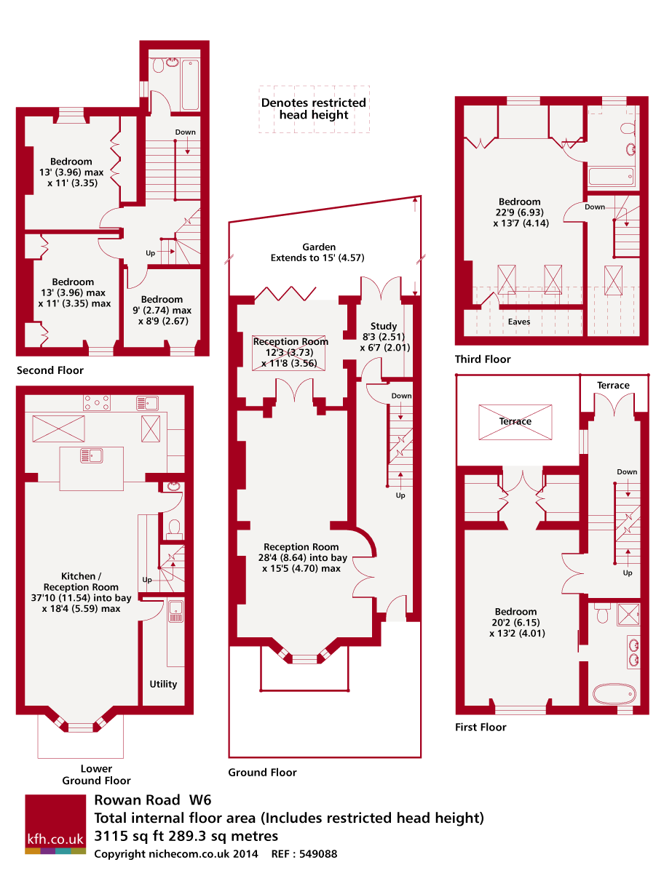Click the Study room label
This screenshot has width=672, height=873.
pyautogui.click(x=384, y=326)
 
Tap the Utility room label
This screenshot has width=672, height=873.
pyautogui.click(x=163, y=684)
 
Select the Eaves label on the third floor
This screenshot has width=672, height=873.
pyautogui.click(x=519, y=321)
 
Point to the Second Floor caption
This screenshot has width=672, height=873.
pyautogui.click(x=50, y=370)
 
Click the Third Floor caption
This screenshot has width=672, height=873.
pyautogui.click(x=483, y=359)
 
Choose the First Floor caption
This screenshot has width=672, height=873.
pyautogui.click(x=481, y=727)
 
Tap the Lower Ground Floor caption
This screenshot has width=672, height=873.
pyautogui.click(x=96, y=775)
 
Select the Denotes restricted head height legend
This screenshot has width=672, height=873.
pyautogui.click(x=314, y=109)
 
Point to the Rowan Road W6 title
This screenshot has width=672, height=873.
pyautogui.click(x=153, y=800)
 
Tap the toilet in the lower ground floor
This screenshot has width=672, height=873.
pyautogui.click(x=174, y=526)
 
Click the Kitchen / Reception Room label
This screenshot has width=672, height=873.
pyautogui.click(x=81, y=587)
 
